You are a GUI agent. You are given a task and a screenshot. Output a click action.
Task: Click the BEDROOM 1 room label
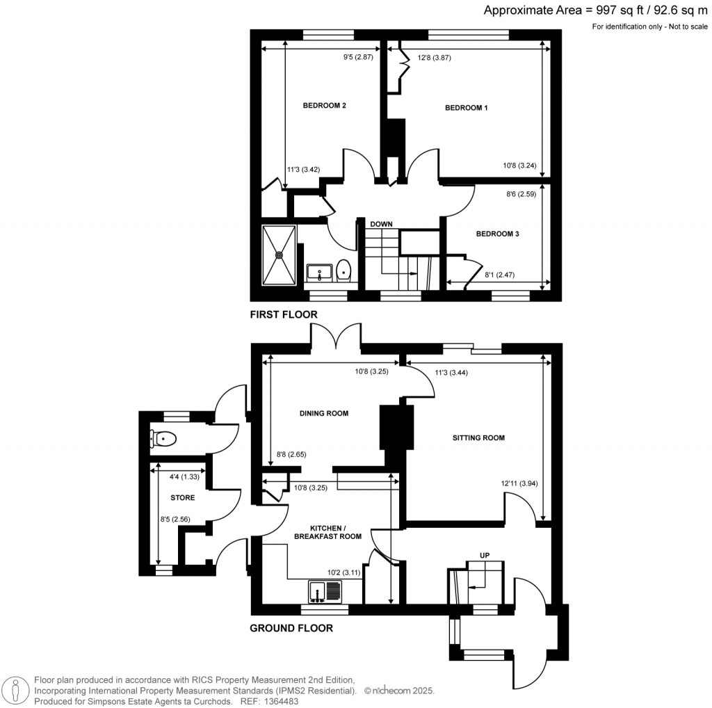coord(467,108)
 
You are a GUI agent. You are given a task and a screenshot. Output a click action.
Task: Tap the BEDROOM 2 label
coord(324,106)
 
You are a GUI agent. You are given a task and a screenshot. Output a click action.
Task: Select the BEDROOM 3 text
coord(497,234)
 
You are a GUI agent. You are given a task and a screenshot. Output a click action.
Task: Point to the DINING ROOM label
coord(323,413)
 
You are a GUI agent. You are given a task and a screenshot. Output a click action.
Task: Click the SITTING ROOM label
coord(478,438)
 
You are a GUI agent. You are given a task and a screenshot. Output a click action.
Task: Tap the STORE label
coord(182,498)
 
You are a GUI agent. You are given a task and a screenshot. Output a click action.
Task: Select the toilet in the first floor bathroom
coord(343,270)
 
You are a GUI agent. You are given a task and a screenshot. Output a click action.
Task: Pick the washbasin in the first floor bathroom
coord(318,271)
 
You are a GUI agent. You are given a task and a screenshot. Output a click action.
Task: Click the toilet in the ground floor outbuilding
coord(164,439)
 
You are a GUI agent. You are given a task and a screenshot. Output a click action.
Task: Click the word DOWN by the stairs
coord(381,224)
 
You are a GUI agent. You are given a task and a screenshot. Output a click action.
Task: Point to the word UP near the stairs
coord(486,555)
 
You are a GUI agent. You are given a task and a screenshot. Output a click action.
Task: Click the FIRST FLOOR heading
coord(284,315)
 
